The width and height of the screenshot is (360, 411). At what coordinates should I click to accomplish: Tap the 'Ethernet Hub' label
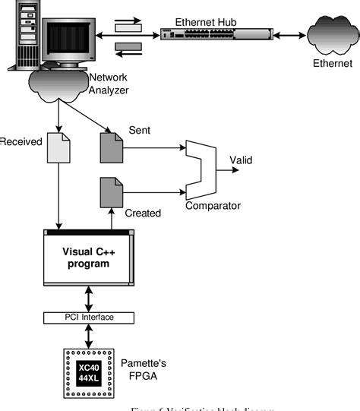tap(207, 22)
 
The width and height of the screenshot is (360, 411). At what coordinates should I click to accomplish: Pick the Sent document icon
tap(110, 147)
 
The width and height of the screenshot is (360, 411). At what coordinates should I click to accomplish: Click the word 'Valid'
tap(242, 160)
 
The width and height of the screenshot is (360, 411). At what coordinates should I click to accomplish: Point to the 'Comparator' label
tap(213, 205)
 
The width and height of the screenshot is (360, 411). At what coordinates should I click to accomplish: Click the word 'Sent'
tap(139, 131)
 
